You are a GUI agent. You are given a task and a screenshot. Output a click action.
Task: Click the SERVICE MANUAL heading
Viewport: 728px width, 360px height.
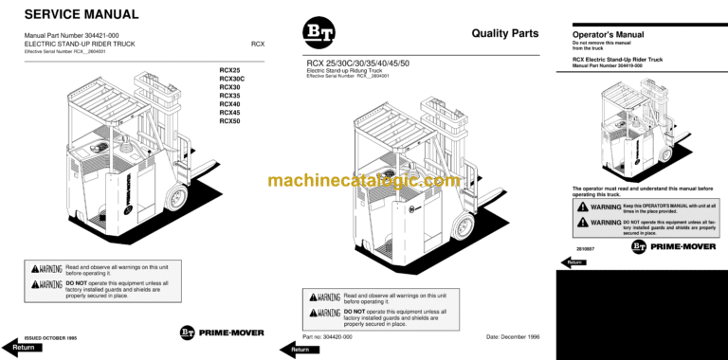(x=81, y=14)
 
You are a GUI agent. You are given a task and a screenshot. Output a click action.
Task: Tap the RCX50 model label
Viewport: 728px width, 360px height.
(x=230, y=121)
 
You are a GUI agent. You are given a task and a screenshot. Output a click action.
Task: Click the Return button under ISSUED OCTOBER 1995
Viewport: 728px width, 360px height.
(x=23, y=348)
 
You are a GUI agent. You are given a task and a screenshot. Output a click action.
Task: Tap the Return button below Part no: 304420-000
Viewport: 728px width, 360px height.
(x=300, y=350)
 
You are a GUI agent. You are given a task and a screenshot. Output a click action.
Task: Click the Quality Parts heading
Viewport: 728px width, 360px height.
(x=504, y=33)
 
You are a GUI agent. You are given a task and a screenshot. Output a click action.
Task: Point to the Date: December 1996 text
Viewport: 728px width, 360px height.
(x=512, y=337)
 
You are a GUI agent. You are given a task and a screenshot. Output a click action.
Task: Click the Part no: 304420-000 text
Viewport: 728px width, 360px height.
(x=327, y=337)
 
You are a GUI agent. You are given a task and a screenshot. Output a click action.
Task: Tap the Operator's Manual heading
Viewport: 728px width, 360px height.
(x=608, y=35)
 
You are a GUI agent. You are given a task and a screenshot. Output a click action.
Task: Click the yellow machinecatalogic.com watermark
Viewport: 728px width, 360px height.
(x=363, y=180)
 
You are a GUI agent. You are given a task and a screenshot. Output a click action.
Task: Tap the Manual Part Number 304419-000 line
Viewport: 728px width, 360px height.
(x=614, y=65)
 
